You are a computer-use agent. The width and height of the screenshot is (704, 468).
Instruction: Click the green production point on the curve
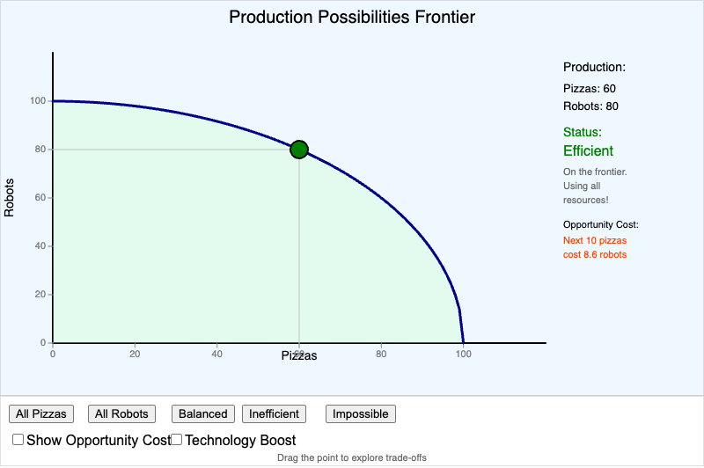[299, 150]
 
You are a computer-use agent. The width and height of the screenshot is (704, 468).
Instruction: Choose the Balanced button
[203, 413]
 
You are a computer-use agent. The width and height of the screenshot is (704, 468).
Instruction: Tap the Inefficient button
[275, 413]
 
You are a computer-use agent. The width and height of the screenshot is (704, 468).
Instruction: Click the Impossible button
[361, 413]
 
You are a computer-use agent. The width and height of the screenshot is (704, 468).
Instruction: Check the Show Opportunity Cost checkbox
[18, 439]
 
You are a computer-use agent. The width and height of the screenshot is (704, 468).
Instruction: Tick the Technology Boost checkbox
[176, 439]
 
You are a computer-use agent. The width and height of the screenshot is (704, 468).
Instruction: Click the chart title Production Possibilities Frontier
[352, 18]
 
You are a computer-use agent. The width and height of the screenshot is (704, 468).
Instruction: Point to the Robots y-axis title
[10, 198]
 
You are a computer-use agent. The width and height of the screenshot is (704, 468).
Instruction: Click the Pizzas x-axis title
[299, 356]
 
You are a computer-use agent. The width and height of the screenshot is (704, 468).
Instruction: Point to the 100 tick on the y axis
[38, 101]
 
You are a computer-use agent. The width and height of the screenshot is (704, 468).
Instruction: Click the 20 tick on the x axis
[135, 355]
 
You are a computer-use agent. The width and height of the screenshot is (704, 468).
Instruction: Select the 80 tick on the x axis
[381, 355]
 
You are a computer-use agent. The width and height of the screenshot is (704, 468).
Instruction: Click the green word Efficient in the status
[588, 151]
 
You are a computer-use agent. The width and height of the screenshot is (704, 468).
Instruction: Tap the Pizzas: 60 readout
[590, 89]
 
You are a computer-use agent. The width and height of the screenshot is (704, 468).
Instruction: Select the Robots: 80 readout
[590, 106]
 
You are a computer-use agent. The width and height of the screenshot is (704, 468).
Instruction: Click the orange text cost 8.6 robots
[595, 255]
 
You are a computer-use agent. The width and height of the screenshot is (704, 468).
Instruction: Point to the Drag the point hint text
[352, 457]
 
